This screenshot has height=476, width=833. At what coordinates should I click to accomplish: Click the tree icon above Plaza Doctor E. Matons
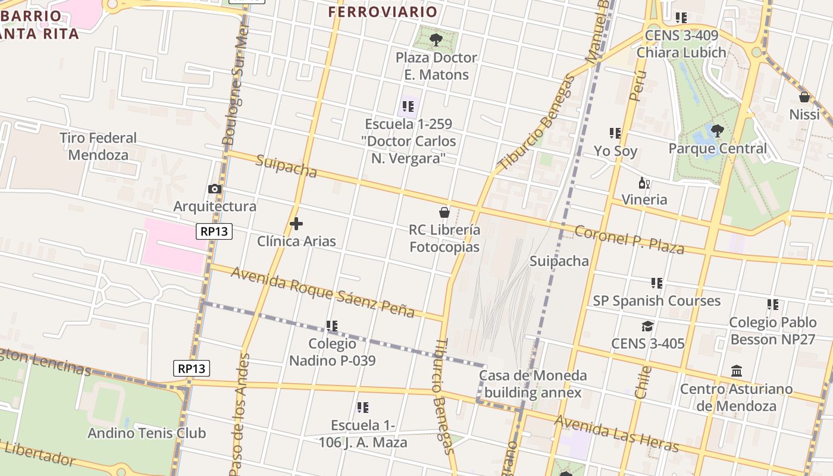(x=436, y=40)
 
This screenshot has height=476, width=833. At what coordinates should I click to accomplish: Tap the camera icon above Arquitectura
(x=215, y=189)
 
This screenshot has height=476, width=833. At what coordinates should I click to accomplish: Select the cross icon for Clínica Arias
(x=296, y=224)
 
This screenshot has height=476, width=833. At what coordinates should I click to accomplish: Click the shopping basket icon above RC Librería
(x=444, y=212)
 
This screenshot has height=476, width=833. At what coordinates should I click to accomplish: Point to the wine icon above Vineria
(x=643, y=182)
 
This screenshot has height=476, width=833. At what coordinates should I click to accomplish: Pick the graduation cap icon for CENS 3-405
(x=647, y=326)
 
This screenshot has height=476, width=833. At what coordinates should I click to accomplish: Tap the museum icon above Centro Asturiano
(x=737, y=371)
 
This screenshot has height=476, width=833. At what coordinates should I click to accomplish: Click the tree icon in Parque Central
(x=718, y=130)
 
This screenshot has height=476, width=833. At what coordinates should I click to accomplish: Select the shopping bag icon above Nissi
(x=804, y=96)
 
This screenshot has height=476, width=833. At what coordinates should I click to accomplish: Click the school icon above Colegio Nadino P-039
(x=332, y=326)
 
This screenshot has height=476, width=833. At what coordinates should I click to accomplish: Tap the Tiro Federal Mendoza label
(x=98, y=146)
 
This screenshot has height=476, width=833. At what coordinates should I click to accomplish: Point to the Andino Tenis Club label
(x=146, y=433)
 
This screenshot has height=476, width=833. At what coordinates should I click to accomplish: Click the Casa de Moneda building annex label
(x=533, y=384)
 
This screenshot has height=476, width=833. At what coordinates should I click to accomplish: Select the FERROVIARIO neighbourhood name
(x=383, y=12)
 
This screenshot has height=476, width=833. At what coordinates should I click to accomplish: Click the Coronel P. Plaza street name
(x=629, y=239)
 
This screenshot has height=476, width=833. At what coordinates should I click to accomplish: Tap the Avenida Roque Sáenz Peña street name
(x=322, y=292)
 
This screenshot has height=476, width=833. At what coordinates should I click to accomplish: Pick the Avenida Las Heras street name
(x=616, y=434)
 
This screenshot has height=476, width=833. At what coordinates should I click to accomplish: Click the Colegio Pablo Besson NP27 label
(x=773, y=331)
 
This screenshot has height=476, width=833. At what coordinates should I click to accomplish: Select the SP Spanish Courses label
(x=656, y=300)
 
